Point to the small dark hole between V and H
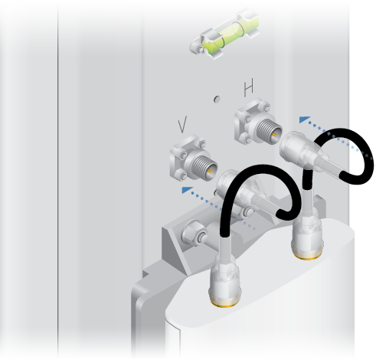[x=217, y=99]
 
